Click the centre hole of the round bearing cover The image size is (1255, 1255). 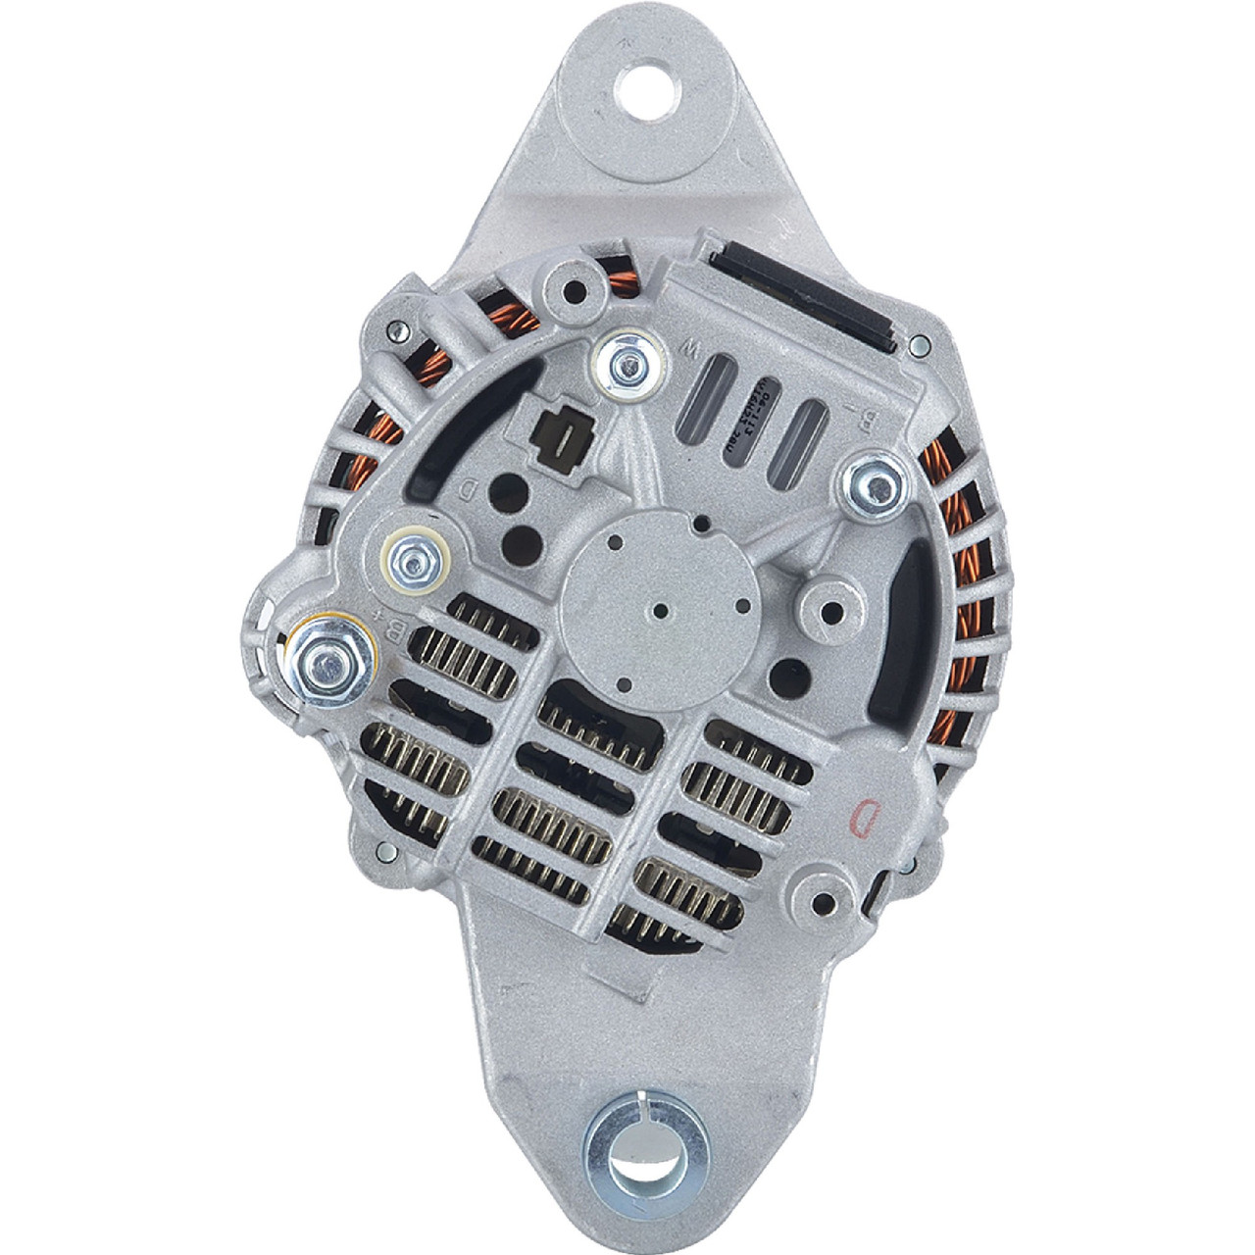point(659,608)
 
